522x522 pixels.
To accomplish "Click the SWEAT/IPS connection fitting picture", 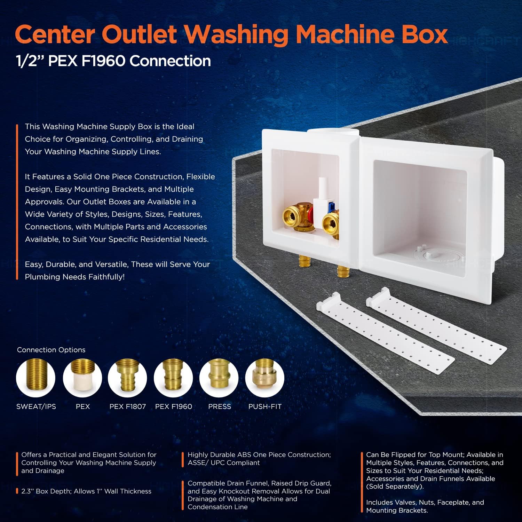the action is (x=35, y=378).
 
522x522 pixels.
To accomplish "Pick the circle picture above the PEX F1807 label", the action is (x=127, y=378).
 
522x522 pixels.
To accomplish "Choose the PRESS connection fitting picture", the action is (x=219, y=378).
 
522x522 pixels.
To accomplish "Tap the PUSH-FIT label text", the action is (x=265, y=406).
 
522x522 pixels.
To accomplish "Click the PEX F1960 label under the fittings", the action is (x=174, y=406).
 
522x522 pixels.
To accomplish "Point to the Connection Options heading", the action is (x=51, y=350).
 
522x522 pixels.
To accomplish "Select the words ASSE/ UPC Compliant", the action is (x=224, y=463).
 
